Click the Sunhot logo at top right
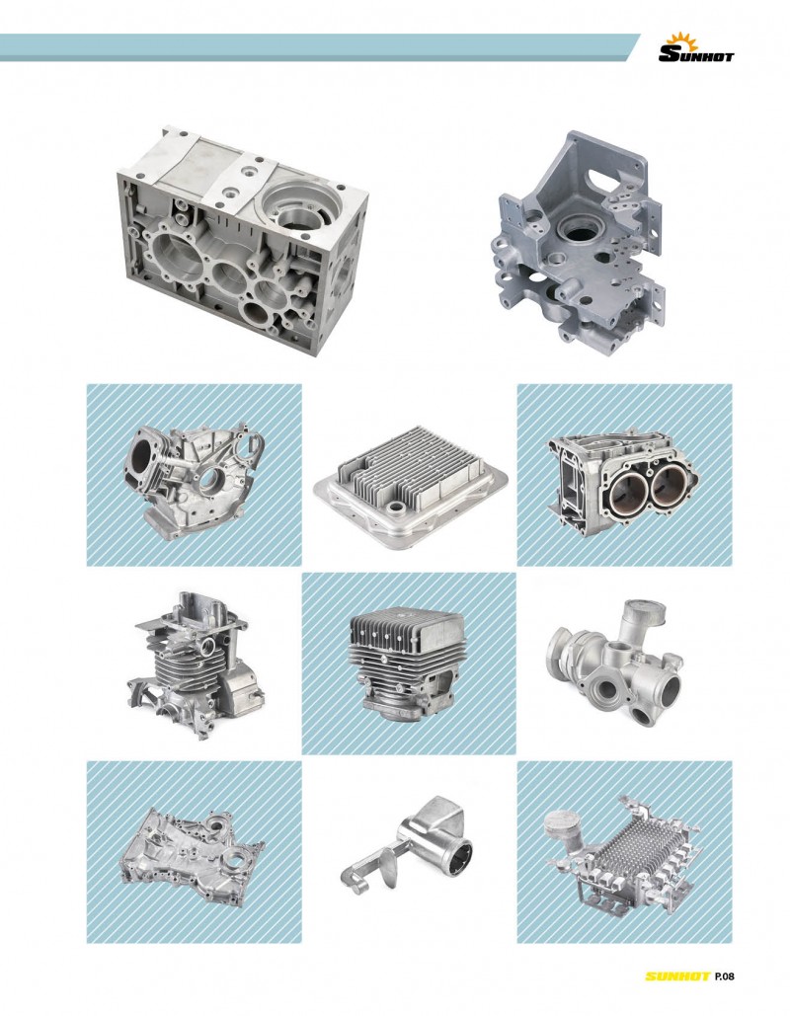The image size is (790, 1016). coord(696,48)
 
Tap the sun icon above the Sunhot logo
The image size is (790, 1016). coord(685,40)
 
